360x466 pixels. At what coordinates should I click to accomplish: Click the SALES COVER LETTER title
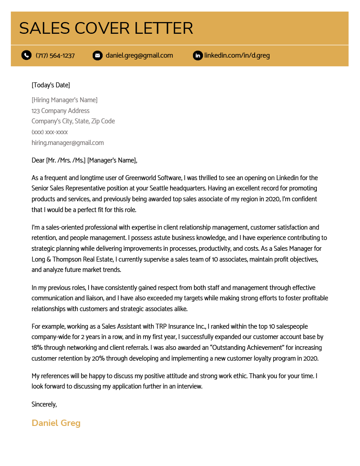click(106, 28)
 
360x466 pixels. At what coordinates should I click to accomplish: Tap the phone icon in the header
click(27, 55)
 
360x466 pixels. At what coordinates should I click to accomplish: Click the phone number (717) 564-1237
click(55, 55)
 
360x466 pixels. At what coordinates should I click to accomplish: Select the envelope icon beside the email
click(97, 55)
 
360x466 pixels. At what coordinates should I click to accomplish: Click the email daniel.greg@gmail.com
click(139, 55)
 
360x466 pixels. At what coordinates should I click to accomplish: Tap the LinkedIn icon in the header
click(198, 55)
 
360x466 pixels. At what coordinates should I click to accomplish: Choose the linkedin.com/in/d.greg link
click(237, 55)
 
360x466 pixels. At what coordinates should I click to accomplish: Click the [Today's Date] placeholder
click(51, 85)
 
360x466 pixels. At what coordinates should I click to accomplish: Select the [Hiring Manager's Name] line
click(64, 100)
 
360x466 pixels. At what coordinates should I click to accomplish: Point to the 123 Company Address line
click(60, 111)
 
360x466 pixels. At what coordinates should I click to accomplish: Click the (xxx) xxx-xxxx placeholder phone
click(49, 132)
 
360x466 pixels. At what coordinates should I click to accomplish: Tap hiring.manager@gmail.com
click(67, 143)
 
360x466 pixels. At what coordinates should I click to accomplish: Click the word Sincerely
click(44, 404)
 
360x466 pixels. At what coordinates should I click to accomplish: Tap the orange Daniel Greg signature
click(56, 423)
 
